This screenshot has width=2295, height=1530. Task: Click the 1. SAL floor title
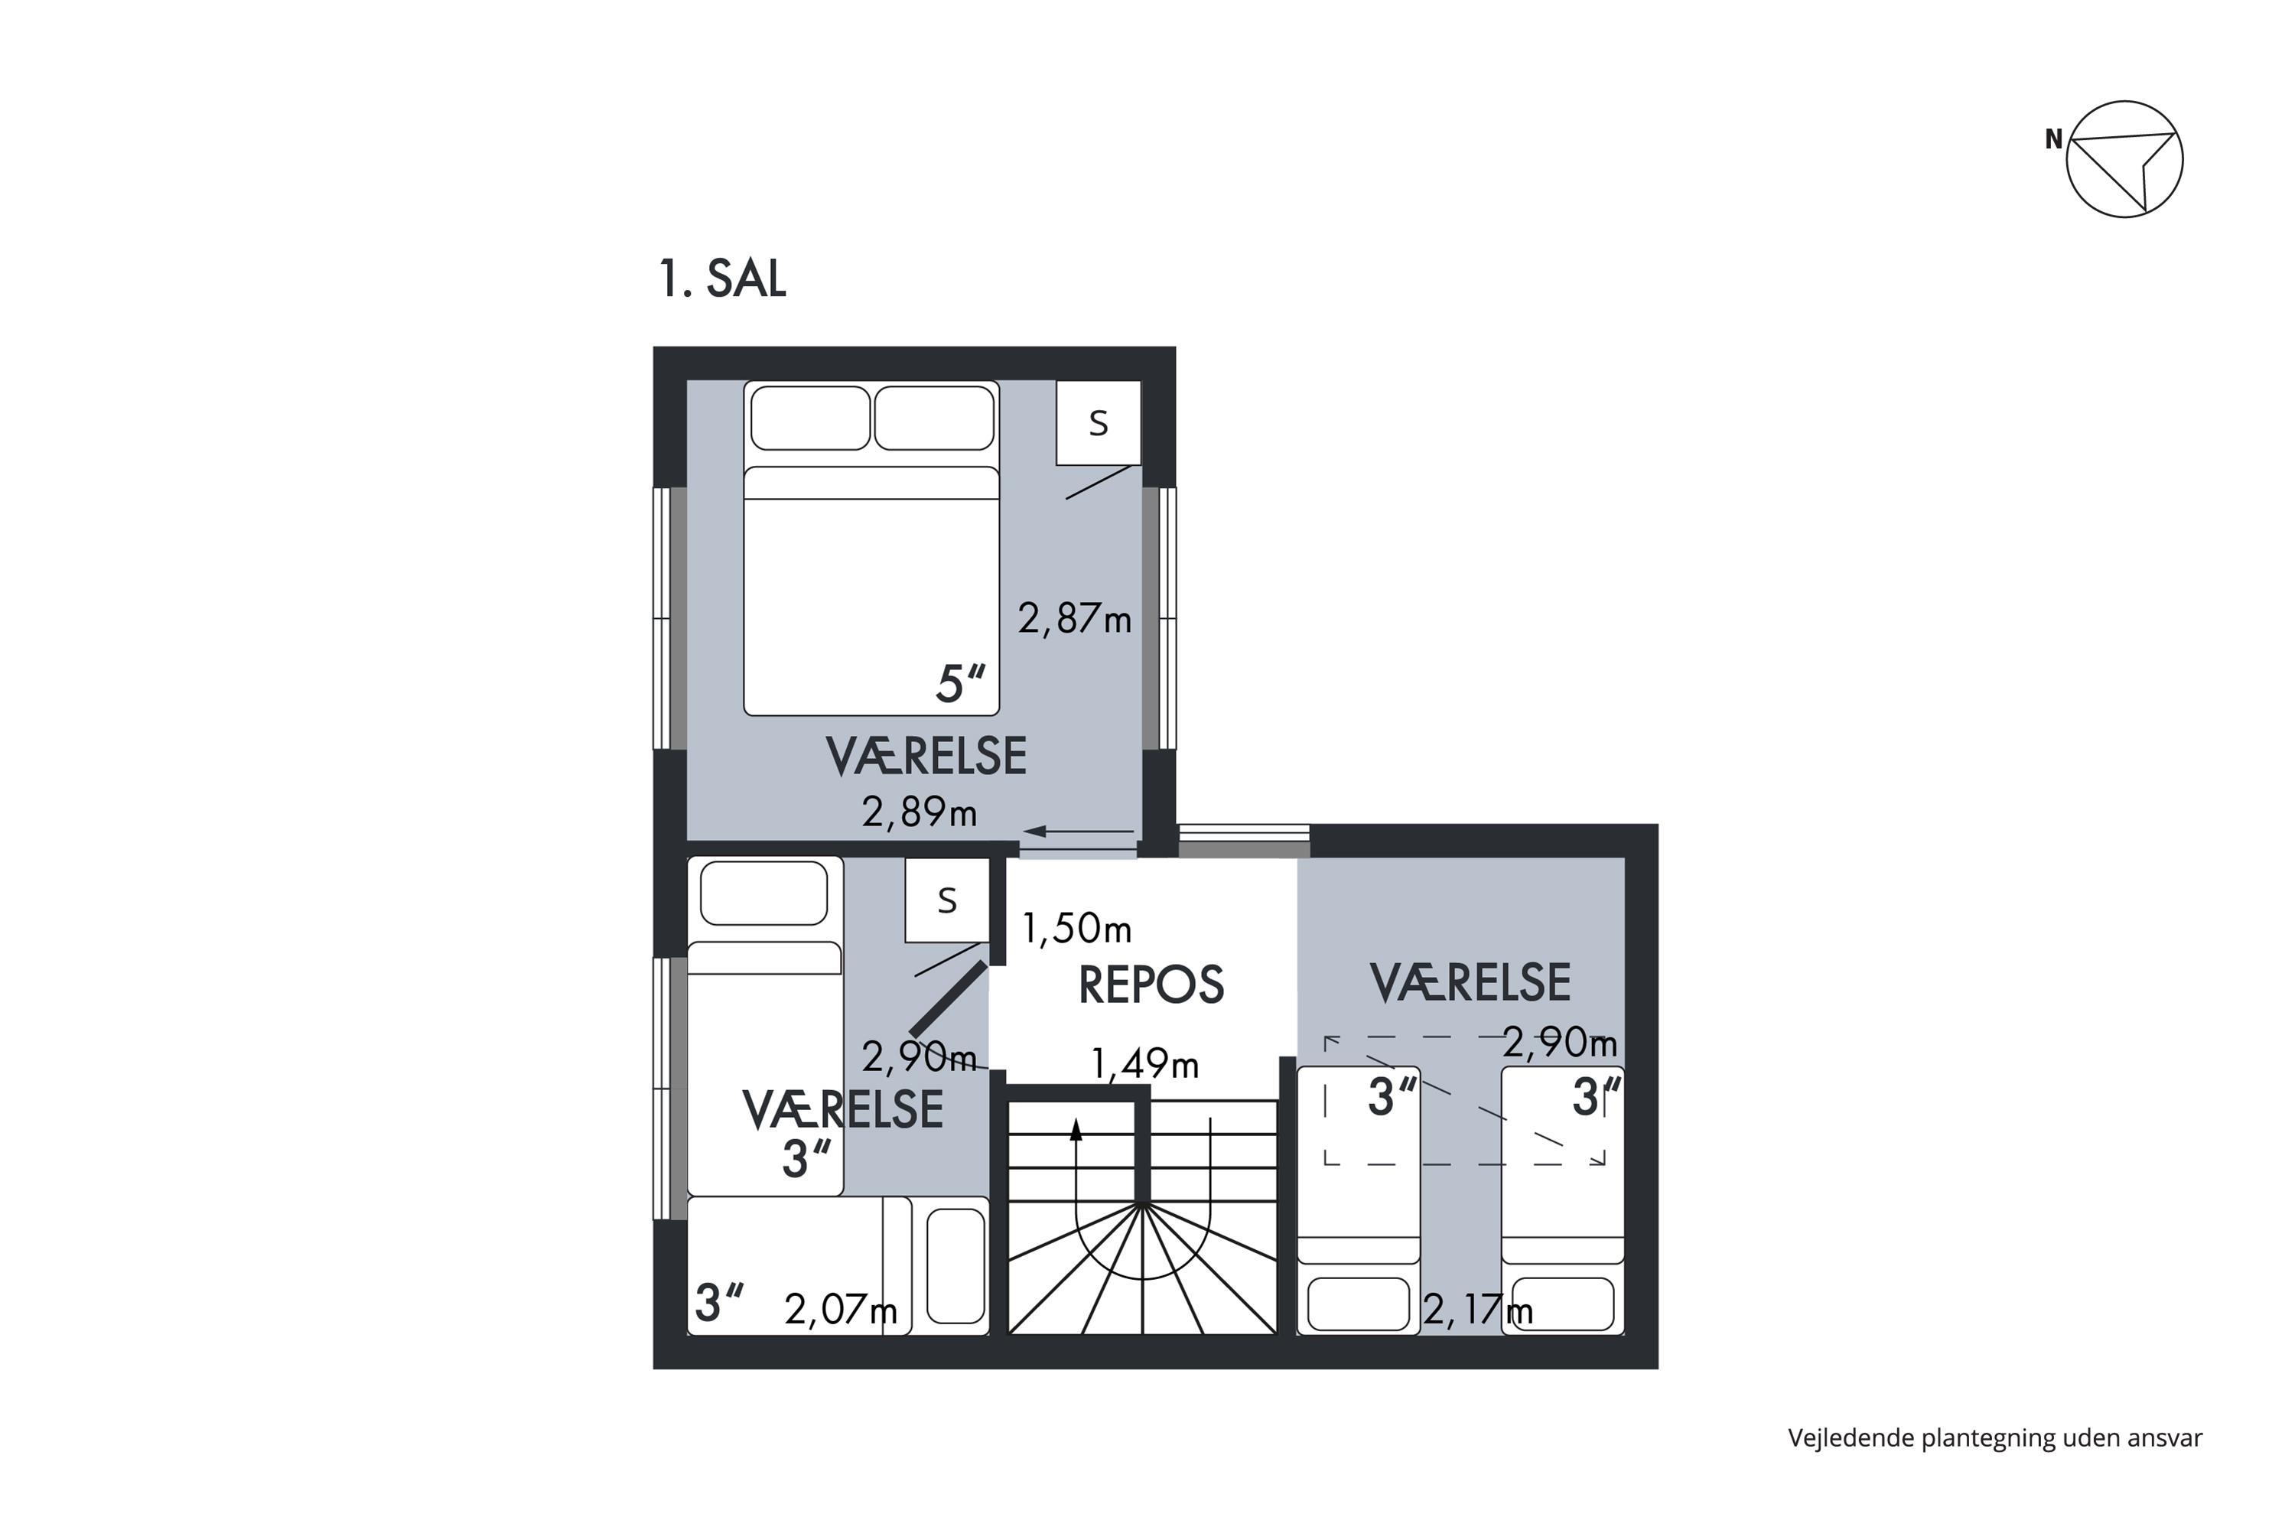point(722,279)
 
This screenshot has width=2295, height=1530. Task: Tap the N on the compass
point(2054,139)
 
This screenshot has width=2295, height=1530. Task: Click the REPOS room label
point(1151,985)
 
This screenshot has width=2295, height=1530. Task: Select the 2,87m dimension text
point(1074,619)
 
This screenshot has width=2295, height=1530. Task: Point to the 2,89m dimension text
point(920,812)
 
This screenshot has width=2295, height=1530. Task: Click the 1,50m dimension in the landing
point(1076,929)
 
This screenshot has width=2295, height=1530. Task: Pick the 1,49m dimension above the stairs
point(1144,1063)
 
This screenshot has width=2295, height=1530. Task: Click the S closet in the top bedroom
point(1099,422)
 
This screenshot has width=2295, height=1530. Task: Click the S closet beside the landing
point(946,900)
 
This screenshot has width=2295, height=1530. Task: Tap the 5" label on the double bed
point(960,683)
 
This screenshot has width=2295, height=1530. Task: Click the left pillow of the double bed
point(810,418)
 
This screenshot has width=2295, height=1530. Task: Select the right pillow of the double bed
point(934,418)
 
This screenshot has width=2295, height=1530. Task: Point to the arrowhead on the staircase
point(1076,1129)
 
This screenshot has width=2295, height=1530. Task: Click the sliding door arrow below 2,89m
point(1077,832)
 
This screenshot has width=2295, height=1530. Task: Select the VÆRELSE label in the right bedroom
point(1470,982)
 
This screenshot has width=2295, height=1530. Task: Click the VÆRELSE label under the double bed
point(926,757)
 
